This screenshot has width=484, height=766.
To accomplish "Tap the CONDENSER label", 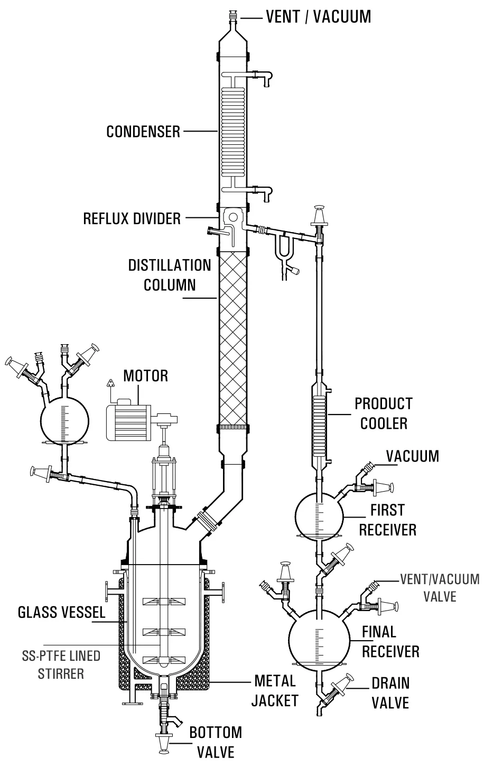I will coord(143,131).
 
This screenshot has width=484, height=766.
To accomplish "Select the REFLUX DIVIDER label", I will coord(132,218).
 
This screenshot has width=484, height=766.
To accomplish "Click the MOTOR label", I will coord(145,376).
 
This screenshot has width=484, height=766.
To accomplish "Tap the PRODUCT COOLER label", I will coord(383,413).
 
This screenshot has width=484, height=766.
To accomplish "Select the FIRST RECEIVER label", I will coord(387,520).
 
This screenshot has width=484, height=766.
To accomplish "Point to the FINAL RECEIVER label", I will coord(390,641).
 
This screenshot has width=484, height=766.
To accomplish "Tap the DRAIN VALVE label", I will coord(390,693).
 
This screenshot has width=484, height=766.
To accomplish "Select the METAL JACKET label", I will coord(274,690).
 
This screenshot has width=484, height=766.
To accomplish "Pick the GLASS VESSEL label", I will coord(61,613).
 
